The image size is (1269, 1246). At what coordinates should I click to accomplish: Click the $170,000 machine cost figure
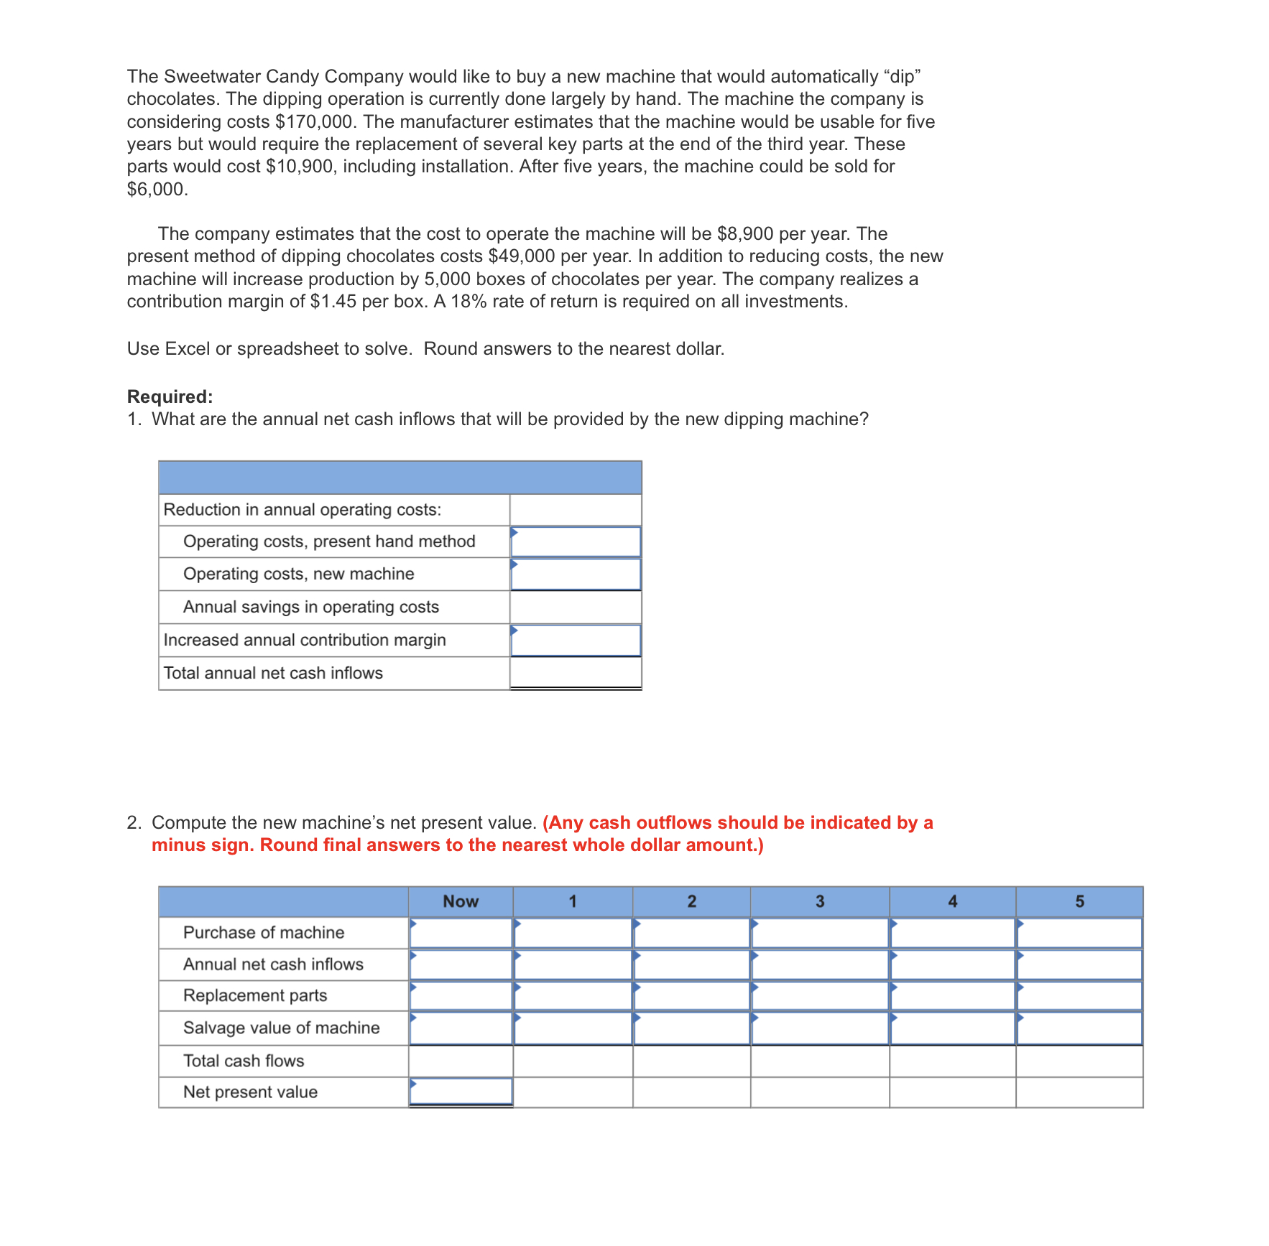click(315, 121)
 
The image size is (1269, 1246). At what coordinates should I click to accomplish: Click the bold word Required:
click(170, 396)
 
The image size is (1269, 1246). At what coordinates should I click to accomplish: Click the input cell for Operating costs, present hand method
click(576, 541)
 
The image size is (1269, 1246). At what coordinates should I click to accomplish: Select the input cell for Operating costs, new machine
click(576, 575)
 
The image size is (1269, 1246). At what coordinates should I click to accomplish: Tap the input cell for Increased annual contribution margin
click(576, 641)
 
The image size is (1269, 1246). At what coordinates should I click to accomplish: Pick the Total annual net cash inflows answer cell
click(576, 673)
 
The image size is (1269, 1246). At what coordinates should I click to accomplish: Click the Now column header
click(461, 901)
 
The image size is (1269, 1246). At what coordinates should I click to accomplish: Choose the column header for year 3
click(820, 901)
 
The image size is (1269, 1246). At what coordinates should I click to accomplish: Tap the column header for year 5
click(1079, 901)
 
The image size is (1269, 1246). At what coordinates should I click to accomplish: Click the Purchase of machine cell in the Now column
click(461, 933)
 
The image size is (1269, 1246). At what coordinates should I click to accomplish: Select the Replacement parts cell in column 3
click(820, 996)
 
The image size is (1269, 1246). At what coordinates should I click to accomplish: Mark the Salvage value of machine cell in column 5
click(1079, 1028)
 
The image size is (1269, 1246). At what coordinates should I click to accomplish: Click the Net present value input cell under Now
click(461, 1092)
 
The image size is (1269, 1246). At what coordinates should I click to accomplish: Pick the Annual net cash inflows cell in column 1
click(573, 964)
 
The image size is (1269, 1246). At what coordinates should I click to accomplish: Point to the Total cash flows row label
click(244, 1061)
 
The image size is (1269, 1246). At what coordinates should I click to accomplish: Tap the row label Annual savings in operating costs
click(310, 608)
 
